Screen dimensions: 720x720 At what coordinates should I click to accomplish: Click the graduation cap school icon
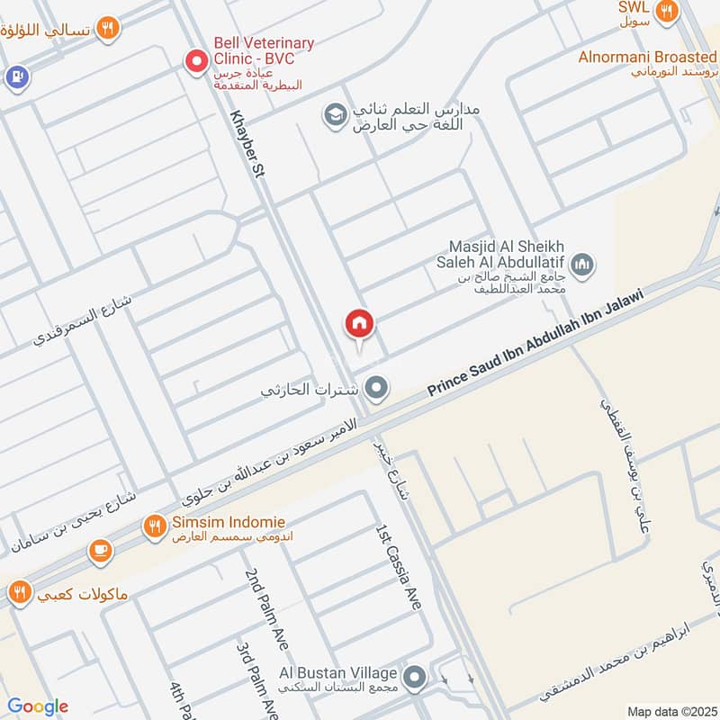point(335,116)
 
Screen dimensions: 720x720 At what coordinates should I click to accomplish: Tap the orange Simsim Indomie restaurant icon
point(155,525)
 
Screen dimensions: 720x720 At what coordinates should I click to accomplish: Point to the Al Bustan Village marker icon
point(415,676)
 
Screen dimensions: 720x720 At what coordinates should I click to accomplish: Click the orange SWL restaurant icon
point(666,11)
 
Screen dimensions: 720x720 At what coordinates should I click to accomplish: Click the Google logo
point(38,706)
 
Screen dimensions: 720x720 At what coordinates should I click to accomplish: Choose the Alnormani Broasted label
point(648,57)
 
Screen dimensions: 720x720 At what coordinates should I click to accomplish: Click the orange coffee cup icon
point(100,549)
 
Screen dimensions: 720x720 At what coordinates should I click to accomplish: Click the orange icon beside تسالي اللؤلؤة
point(108,29)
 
